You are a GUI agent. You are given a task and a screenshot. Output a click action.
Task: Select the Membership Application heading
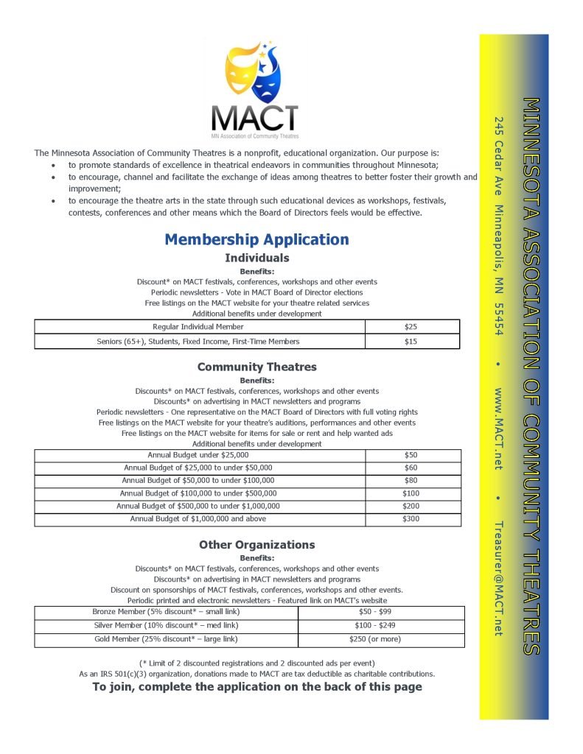click(256, 239)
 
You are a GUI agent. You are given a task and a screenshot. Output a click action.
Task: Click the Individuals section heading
click(256, 258)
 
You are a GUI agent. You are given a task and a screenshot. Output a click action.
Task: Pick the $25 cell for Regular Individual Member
click(411, 326)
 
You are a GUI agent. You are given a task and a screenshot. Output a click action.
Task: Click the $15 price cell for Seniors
click(411, 341)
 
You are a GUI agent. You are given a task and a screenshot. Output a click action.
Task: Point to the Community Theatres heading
click(256, 367)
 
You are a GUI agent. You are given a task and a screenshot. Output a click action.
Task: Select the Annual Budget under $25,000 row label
click(198, 455)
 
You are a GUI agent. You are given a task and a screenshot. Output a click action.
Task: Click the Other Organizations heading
click(256, 545)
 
